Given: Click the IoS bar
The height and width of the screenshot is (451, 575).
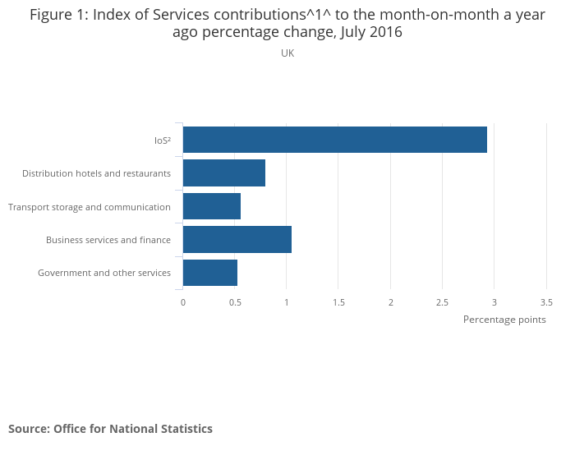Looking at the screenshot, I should point(334,140).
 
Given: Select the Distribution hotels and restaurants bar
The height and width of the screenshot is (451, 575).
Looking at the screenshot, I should point(223,173).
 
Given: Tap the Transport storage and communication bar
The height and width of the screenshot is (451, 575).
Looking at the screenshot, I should point(211,206).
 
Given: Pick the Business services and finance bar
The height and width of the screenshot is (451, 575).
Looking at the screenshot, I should point(237,239).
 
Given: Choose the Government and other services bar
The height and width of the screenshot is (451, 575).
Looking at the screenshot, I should point(209,273).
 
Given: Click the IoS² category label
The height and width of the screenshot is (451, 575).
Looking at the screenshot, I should point(162,140).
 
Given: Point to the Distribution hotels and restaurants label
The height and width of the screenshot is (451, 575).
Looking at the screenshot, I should point(96,173).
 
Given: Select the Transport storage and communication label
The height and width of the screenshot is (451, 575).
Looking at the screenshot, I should point(90,207).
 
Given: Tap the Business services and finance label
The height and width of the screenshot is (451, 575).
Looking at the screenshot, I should point(108,240).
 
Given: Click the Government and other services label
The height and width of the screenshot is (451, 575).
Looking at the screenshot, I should point(104,273).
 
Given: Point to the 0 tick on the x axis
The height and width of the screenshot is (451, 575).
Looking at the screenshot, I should point(183,301).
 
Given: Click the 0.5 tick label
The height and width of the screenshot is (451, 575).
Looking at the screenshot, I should point(235,301).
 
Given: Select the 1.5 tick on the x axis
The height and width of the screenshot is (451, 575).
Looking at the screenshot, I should point(338,301).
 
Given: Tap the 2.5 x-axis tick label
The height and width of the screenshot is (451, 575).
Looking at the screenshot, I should point(442,301).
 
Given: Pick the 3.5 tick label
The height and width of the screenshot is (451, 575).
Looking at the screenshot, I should point(546,301).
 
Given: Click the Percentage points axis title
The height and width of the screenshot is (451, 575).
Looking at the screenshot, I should point(504,320).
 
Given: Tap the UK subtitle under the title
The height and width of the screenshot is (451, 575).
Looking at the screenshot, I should point(287,53).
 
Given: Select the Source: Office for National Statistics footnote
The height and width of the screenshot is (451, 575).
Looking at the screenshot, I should point(110,429).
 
